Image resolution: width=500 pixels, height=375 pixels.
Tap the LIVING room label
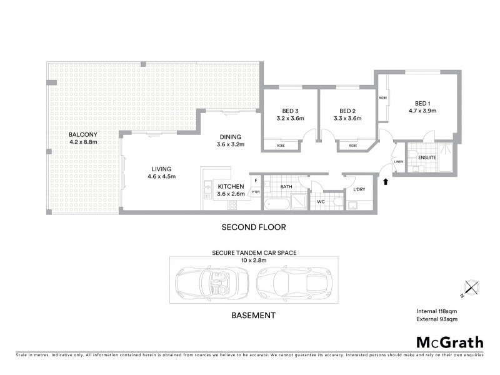point(161,169)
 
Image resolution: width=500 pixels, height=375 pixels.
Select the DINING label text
point(229,137)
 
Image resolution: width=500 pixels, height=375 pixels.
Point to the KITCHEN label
point(230,186)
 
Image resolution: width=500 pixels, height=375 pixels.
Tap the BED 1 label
point(422,103)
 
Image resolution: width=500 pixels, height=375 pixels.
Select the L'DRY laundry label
point(359,189)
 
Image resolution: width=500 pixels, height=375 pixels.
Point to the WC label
point(321,202)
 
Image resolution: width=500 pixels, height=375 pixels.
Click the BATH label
point(286,186)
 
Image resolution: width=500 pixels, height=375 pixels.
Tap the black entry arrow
point(386,182)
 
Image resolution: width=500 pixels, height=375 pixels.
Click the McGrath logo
point(449,342)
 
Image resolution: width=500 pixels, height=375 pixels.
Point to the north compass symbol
point(472,287)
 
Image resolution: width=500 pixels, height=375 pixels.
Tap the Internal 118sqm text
point(436,311)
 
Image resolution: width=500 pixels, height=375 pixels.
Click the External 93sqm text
point(436,319)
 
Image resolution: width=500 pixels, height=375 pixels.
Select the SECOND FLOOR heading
point(254,227)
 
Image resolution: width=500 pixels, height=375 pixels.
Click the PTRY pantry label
point(255,192)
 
